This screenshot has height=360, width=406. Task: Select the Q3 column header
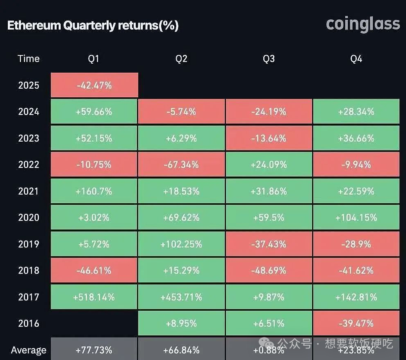click(269, 59)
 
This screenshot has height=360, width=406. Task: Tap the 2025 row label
click(29, 85)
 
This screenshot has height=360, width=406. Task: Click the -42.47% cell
click(94, 85)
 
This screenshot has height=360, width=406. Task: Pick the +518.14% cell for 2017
click(94, 297)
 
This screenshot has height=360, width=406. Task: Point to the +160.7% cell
click(94, 191)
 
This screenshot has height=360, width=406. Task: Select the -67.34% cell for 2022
click(181, 165)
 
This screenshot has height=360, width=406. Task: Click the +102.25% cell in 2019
click(181, 244)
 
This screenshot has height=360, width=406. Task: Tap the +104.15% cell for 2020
click(356, 218)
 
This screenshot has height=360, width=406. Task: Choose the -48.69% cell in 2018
click(269, 271)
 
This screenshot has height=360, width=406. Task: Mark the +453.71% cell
click(181, 297)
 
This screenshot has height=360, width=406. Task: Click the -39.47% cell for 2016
click(356, 323)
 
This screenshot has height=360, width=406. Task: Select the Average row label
click(29, 350)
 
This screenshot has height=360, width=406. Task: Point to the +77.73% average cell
click(94, 350)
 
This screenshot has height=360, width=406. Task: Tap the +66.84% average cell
click(181, 350)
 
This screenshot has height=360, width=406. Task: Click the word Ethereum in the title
click(34, 25)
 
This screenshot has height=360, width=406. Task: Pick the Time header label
click(29, 59)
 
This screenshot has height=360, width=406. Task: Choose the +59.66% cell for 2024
click(94, 112)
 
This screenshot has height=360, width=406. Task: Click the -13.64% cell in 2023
click(269, 138)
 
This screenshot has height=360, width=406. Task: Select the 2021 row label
click(29, 191)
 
